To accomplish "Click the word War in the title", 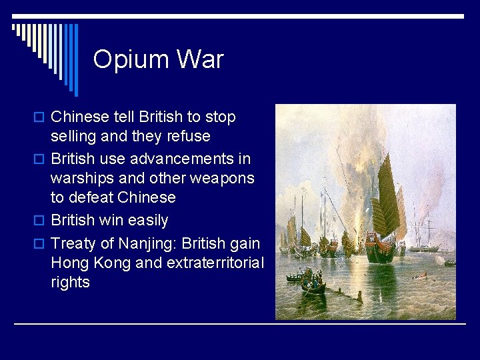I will (x=199, y=59).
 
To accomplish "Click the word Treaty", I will (x=71, y=243).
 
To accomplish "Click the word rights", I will (x=70, y=282).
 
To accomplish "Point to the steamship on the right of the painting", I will (x=427, y=243).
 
